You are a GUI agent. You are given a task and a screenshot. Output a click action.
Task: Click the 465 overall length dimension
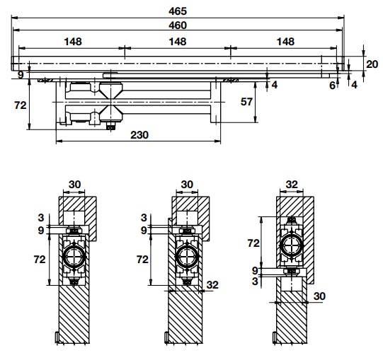pyautogui.click(x=178, y=11)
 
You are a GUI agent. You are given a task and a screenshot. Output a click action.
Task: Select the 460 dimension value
pyautogui.click(x=178, y=25)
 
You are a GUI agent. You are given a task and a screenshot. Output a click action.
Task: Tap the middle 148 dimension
pyautogui.click(x=178, y=42)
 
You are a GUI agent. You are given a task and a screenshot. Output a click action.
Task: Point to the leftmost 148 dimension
pyautogui.click(x=73, y=42)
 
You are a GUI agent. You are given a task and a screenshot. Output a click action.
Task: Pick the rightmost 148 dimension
pyautogui.click(x=285, y=42)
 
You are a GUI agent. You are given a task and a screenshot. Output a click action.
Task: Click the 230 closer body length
pyautogui.click(x=139, y=135)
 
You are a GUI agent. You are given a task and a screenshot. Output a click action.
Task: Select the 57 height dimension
pyautogui.click(x=246, y=102)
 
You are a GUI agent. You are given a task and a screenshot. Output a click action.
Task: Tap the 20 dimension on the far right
pyautogui.click(x=372, y=64)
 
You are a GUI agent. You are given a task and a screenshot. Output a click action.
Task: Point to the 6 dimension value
pyautogui.click(x=332, y=86)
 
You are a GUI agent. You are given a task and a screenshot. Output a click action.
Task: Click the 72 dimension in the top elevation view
pyautogui.click(x=21, y=105)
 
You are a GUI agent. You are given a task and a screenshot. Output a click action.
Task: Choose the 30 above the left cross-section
pyautogui.click(x=74, y=185)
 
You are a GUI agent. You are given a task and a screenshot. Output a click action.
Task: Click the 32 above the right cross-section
pyautogui.click(x=292, y=185)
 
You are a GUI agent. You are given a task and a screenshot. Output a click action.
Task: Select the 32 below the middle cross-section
pyautogui.click(x=212, y=285)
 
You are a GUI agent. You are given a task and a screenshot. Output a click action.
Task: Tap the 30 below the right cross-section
pyautogui.click(x=319, y=296)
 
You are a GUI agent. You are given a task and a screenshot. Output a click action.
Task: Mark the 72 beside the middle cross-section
pyautogui.click(x=142, y=260)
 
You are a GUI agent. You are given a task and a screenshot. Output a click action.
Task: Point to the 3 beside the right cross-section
pyautogui.click(x=255, y=281)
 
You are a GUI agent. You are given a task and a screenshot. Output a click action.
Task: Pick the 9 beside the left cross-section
pyautogui.click(x=41, y=231)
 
